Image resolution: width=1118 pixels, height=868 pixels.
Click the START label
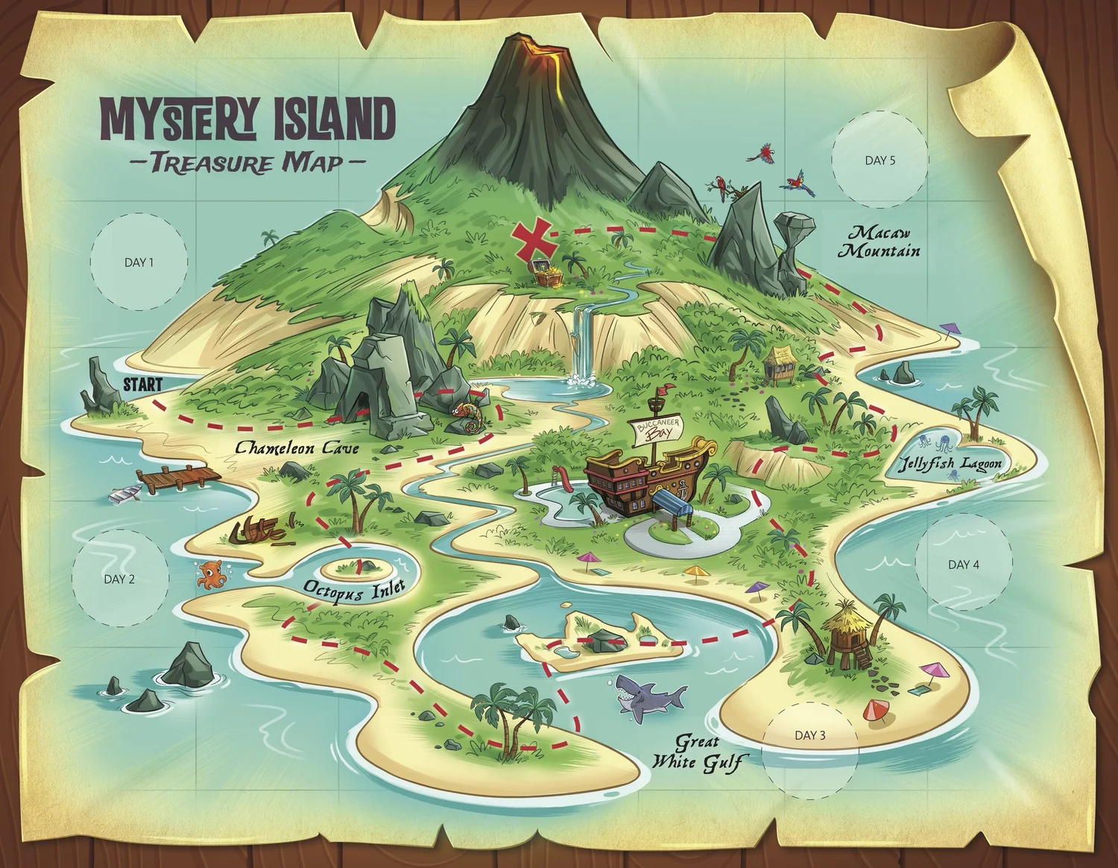[142, 385]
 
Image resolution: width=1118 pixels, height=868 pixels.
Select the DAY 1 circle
[139, 262]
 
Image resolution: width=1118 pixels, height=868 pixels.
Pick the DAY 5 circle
[879, 160]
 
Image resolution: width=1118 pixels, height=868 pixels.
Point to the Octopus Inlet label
[354, 589]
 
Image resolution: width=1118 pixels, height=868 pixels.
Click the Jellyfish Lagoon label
[950, 464]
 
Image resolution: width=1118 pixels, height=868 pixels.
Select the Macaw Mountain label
[879, 242]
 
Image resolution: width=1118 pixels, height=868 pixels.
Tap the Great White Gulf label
[697, 752]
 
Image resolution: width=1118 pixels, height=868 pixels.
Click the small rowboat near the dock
[125, 493]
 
